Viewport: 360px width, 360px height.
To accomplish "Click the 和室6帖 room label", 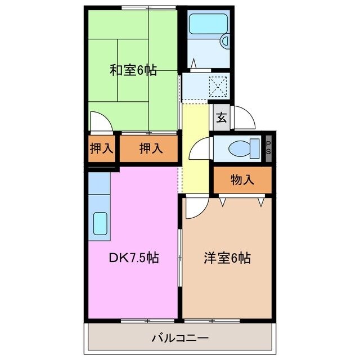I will (133, 70).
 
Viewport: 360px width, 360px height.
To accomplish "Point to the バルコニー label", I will (180, 339).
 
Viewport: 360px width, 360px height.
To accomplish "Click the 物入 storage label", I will (242, 180).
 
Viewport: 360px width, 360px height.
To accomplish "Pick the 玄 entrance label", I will (222, 118).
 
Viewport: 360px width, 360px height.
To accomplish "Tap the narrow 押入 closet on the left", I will (101, 148).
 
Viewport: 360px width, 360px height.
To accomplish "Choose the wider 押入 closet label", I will (151, 148).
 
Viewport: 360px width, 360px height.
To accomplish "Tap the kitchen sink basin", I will (101, 223).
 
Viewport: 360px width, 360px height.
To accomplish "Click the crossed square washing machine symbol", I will (217, 86).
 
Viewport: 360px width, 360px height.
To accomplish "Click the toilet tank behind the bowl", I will (255, 148).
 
